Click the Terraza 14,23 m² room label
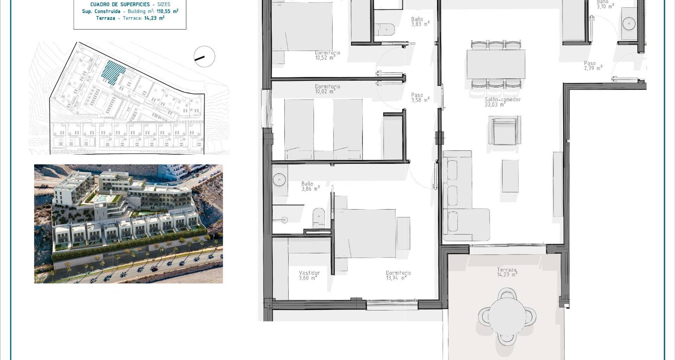507,272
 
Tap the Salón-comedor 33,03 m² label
502,102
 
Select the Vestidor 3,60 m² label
309,275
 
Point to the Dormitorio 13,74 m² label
398,275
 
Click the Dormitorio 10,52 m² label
327,55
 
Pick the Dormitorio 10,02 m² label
327,89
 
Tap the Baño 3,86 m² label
310,186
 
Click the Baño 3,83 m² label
420,22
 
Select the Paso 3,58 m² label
420,97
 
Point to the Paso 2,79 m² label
593,66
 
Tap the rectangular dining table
496,64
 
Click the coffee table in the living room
510,176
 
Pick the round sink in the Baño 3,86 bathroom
279,179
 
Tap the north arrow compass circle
204,56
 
